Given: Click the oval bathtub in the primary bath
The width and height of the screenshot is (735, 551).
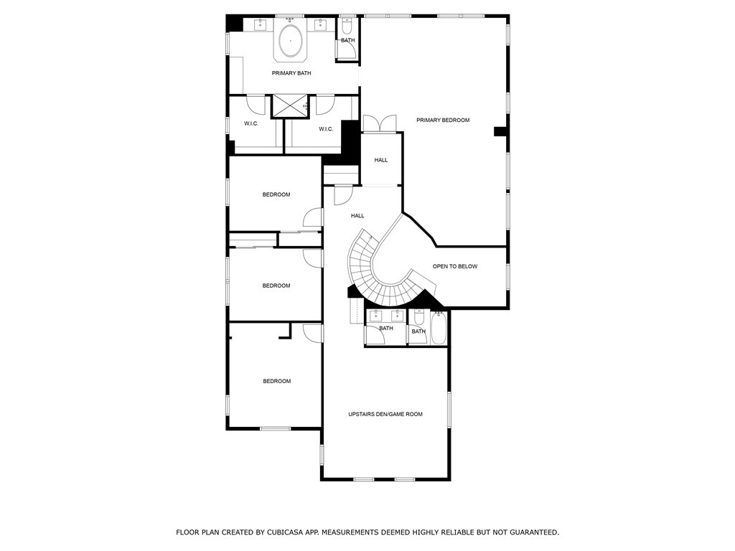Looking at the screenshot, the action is click(x=291, y=41).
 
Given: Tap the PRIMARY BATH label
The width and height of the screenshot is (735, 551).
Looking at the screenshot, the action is click(x=291, y=73).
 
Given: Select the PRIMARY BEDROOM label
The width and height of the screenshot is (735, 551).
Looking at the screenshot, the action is click(x=443, y=121).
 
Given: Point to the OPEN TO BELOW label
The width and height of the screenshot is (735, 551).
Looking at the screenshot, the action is click(x=454, y=267).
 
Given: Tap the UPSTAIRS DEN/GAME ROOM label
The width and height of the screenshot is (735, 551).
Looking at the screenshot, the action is click(x=385, y=414).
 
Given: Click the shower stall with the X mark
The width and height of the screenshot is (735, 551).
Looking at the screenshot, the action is click(x=291, y=106).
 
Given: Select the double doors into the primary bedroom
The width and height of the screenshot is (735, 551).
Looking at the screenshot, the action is click(x=380, y=123).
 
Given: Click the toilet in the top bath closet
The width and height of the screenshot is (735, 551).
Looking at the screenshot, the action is click(x=347, y=26).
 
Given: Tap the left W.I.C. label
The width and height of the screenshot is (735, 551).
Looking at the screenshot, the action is click(x=251, y=123).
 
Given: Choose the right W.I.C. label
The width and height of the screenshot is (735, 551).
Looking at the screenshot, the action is click(x=326, y=129).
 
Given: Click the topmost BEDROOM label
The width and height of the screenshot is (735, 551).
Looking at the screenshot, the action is click(x=276, y=194).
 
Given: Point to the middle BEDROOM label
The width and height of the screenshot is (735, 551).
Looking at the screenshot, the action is click(x=276, y=286).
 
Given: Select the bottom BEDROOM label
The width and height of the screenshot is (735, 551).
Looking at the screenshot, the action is click(x=276, y=382).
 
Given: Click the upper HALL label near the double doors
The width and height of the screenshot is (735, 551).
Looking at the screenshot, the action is click(x=381, y=160).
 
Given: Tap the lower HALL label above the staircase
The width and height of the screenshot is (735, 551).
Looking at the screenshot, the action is click(x=357, y=216).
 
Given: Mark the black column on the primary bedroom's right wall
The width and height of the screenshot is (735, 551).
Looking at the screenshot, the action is click(x=500, y=132).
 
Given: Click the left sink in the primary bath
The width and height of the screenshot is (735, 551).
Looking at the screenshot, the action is click(x=260, y=24).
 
